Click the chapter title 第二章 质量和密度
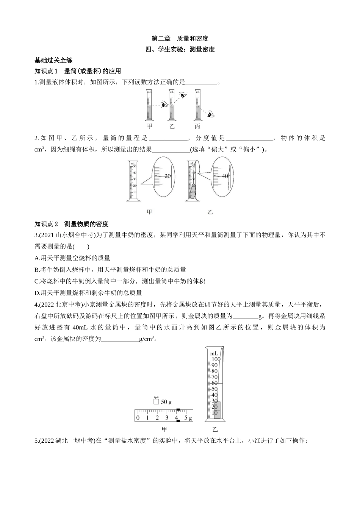tap(180, 39)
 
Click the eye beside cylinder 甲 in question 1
tap(164, 105)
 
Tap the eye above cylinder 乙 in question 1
tap(183, 95)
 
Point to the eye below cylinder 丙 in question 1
tap(211, 114)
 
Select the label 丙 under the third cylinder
tap(197, 126)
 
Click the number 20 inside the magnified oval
tap(167, 176)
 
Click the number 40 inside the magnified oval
tap(225, 176)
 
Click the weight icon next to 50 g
tap(156, 400)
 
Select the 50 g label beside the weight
tap(166, 402)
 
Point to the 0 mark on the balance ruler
tap(138, 417)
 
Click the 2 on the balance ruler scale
tap(157, 417)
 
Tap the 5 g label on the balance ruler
tap(188, 418)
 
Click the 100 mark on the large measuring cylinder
tap(216, 359)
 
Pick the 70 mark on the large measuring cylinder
tap(214, 377)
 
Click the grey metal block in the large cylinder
tap(217, 410)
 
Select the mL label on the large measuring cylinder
tap(214, 354)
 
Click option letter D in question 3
tap(37, 293)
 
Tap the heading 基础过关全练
tap(53, 60)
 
